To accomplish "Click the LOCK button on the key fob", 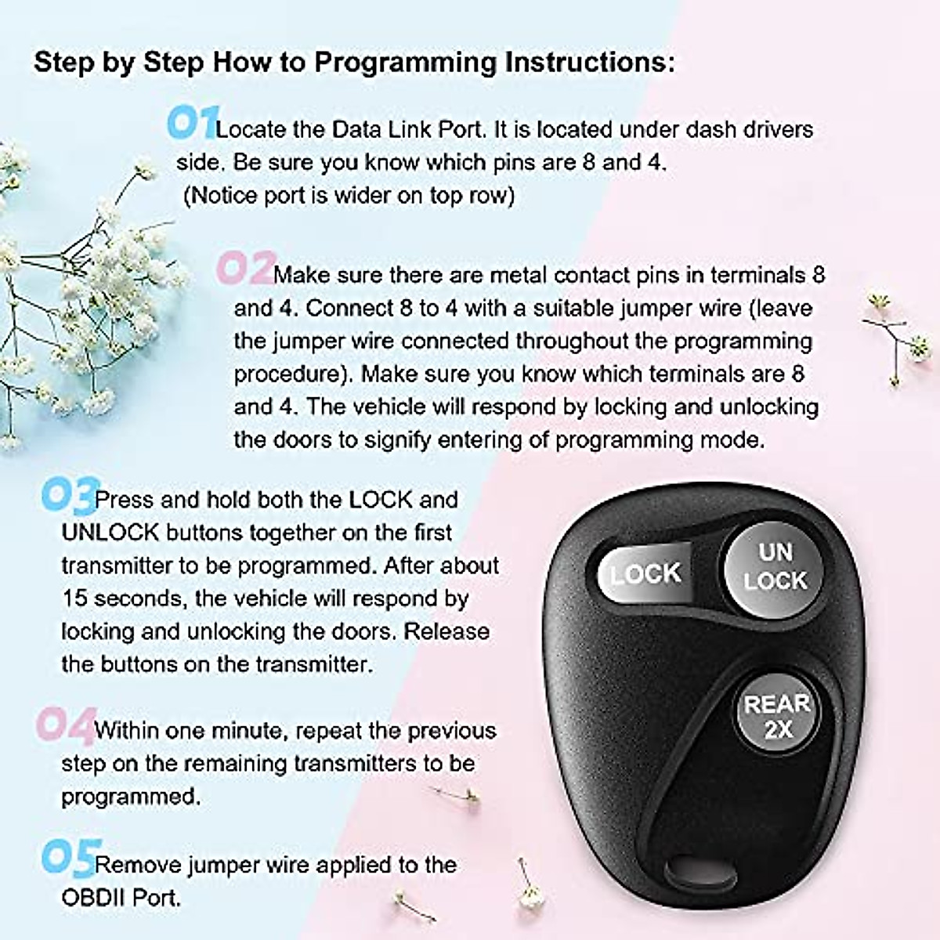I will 645,573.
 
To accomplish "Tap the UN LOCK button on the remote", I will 775,566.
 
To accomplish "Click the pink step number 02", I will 244,269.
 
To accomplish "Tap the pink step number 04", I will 65,725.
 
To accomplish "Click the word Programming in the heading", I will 405,63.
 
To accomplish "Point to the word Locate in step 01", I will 251,129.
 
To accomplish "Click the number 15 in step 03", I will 74,598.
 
